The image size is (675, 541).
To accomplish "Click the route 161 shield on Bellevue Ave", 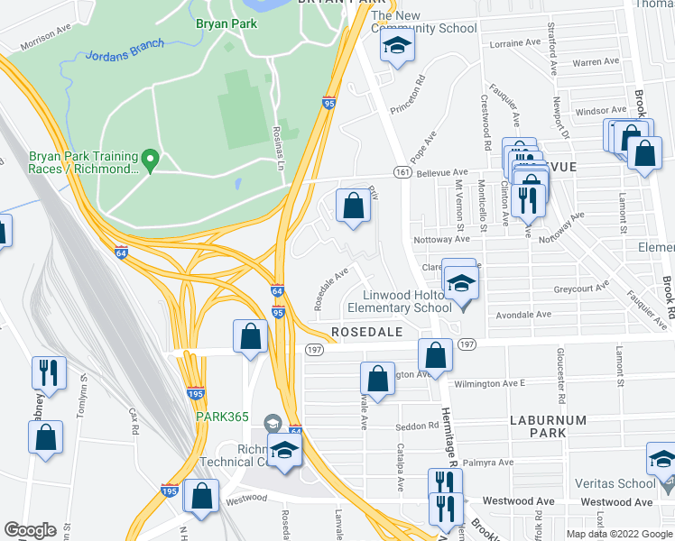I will click(402, 172).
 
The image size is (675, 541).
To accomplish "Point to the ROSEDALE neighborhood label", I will click(366, 333).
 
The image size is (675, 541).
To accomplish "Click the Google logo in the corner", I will click(30, 529).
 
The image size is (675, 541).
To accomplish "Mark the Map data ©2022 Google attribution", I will click(619, 534).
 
